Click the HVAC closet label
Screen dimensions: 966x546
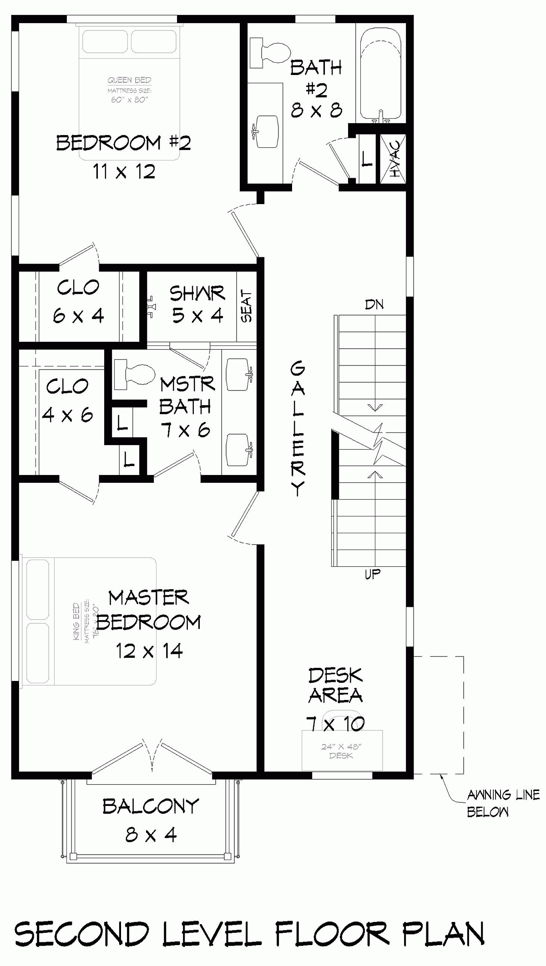click(x=394, y=159)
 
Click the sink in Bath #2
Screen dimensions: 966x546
click(x=266, y=131)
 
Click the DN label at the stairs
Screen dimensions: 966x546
click(x=374, y=305)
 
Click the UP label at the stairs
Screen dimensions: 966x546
click(x=372, y=575)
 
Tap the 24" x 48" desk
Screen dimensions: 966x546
click(x=342, y=751)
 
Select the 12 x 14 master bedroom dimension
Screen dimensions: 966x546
click(x=149, y=651)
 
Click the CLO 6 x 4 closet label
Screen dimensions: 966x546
click(x=79, y=301)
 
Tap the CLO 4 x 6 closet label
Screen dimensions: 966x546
click(x=67, y=400)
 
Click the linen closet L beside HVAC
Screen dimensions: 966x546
click(x=367, y=159)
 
